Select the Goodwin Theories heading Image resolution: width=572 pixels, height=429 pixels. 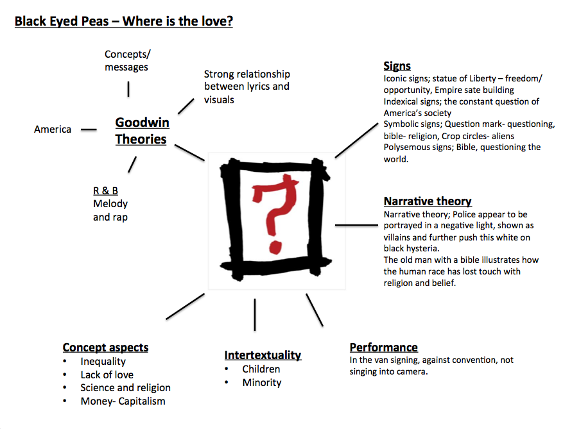[x=141, y=131]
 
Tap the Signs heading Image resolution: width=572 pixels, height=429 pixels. [x=397, y=65]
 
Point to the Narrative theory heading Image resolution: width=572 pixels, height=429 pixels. [x=428, y=201]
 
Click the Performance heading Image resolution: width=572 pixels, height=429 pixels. [x=383, y=348]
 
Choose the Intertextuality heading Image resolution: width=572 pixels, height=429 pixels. [x=263, y=355]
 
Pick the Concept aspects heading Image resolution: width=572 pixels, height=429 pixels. [x=105, y=348]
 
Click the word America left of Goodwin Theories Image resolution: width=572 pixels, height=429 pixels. [x=53, y=130]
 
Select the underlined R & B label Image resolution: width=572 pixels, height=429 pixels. [x=105, y=190]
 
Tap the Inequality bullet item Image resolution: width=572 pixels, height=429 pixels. [x=103, y=362]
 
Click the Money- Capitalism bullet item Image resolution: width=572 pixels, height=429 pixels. [x=123, y=401]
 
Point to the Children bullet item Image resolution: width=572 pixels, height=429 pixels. [x=261, y=369]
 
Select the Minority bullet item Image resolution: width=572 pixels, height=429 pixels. [x=261, y=382]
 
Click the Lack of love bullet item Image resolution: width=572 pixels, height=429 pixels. [x=107, y=375]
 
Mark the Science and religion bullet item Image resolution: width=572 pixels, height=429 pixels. [x=125, y=388]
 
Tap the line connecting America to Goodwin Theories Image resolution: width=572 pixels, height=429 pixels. [x=89, y=130]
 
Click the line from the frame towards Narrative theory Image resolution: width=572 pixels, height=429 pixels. [x=356, y=225]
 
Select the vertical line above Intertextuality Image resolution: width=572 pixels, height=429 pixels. [x=255, y=314]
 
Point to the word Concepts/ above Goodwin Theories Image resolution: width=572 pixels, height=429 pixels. [x=128, y=55]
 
